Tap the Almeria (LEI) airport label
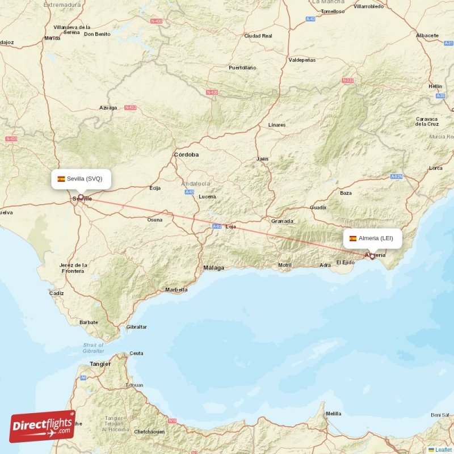[x=375, y=238]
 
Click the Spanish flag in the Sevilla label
[x=61, y=179]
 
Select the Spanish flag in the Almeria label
[x=353, y=238]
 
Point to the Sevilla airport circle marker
[x=81, y=197]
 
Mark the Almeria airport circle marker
[x=372, y=257]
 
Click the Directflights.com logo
[x=43, y=426]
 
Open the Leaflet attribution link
[x=443, y=449]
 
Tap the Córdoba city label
[x=186, y=154]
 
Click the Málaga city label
[x=213, y=267]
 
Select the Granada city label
[x=282, y=221]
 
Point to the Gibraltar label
[x=136, y=327]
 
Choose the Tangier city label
[x=100, y=364]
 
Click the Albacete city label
[x=427, y=35]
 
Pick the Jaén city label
[x=262, y=159]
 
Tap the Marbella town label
[x=176, y=290]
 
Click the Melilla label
[x=334, y=414]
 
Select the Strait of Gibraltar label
[x=93, y=348]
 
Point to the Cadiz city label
[x=56, y=293]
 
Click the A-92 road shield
[x=217, y=226]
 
